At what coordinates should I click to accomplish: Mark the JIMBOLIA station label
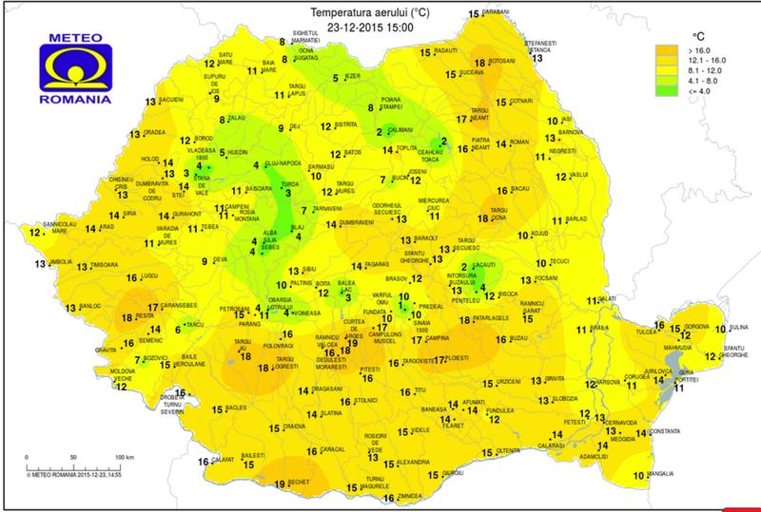60,262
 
